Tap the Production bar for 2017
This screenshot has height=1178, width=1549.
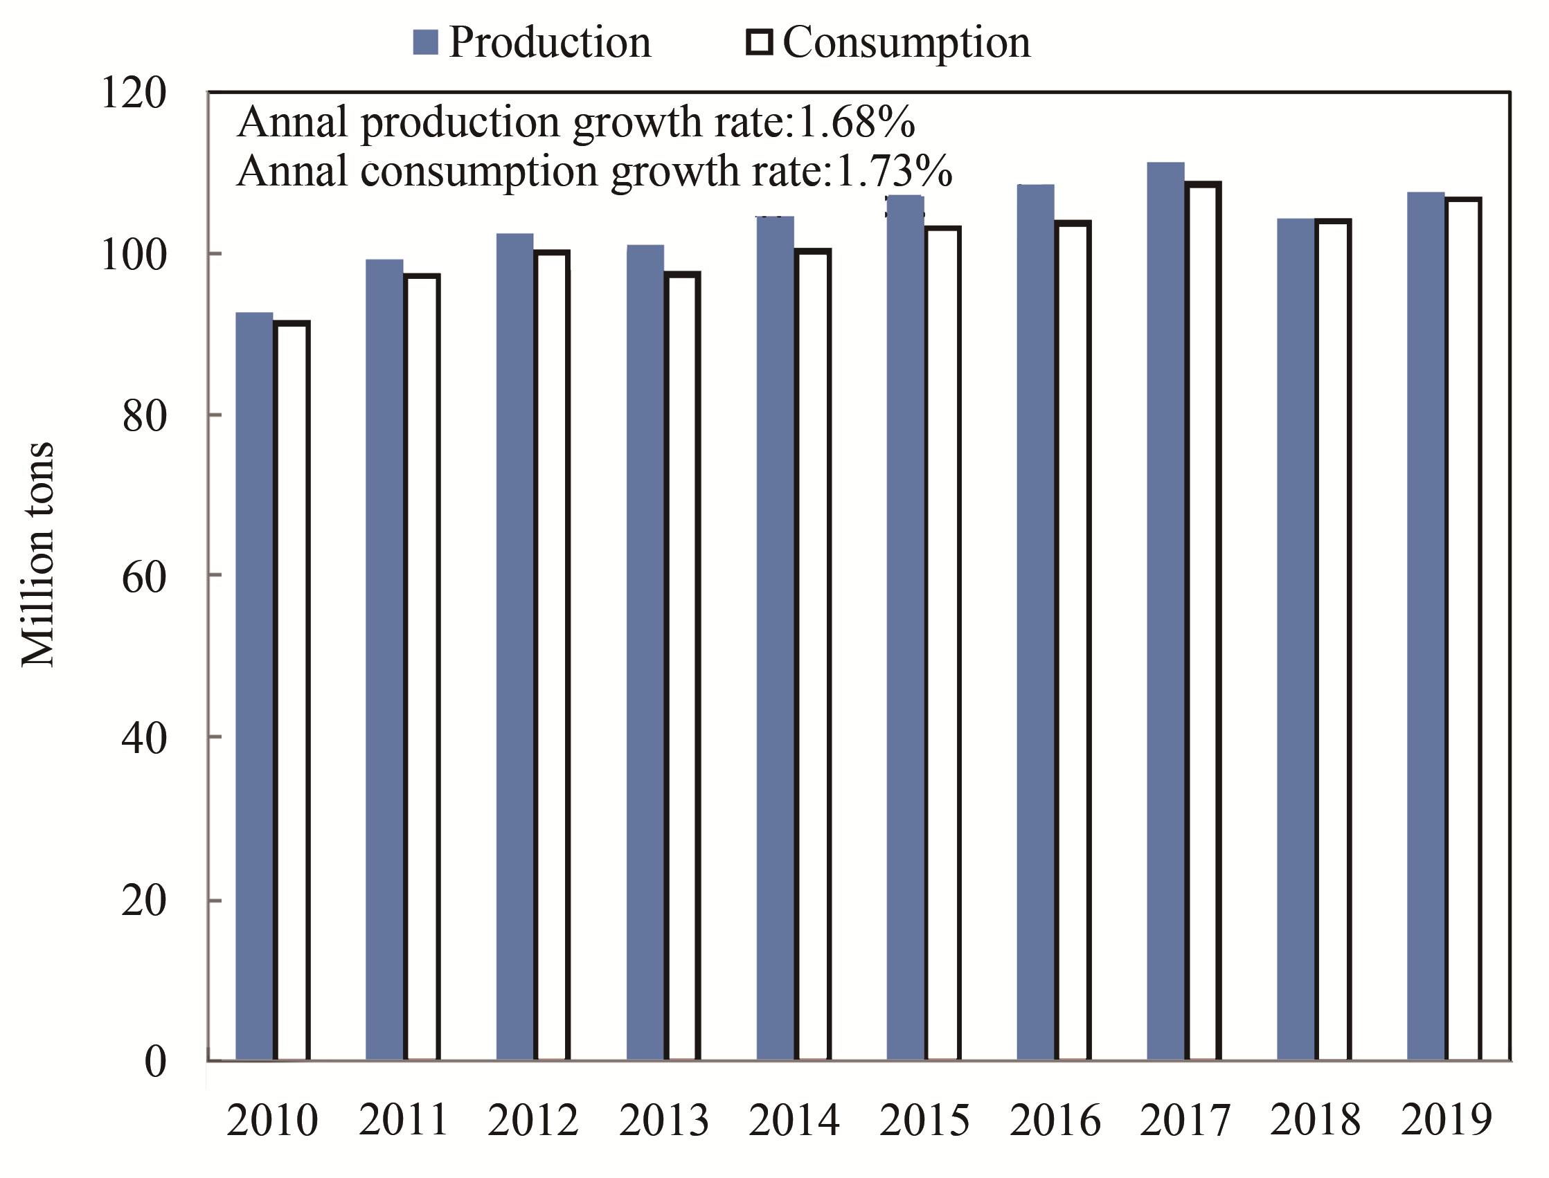click(x=1165, y=610)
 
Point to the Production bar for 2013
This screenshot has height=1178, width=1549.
click(x=645, y=652)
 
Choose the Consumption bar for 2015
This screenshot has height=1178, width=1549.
click(x=943, y=643)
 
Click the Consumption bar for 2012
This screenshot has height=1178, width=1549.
click(x=552, y=655)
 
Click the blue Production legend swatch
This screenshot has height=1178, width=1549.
click(x=426, y=42)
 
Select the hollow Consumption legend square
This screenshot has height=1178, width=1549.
click(x=759, y=42)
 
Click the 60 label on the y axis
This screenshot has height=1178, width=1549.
click(x=145, y=577)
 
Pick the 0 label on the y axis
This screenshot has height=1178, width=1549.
click(x=156, y=1061)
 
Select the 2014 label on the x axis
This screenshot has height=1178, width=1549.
click(x=794, y=1120)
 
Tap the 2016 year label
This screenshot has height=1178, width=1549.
click(x=1055, y=1120)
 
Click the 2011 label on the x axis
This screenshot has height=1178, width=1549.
click(x=404, y=1120)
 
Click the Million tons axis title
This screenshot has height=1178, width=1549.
click(x=37, y=554)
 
